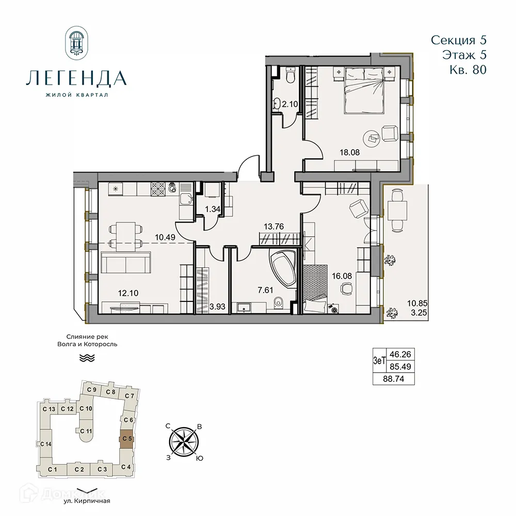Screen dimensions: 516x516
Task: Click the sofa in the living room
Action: [x=126, y=263]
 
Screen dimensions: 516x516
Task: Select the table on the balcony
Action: [x=396, y=211]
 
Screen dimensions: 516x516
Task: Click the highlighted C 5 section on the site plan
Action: [x=126, y=439]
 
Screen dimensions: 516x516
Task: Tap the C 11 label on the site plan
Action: [x=86, y=430]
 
